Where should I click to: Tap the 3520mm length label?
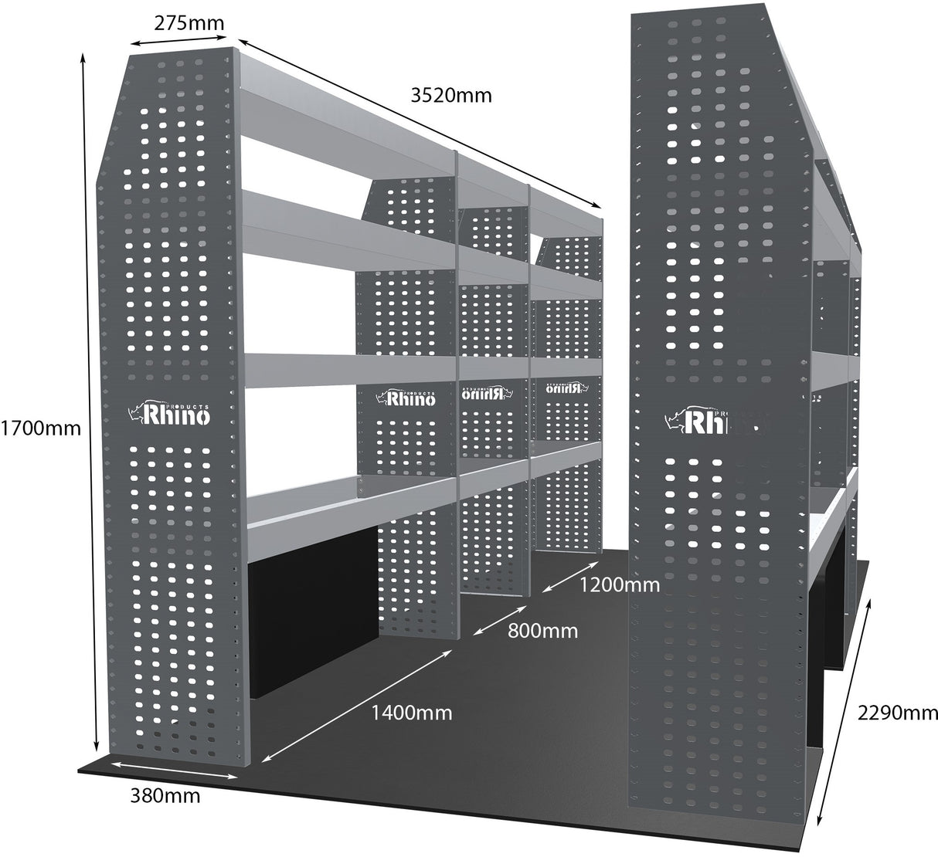pyautogui.click(x=451, y=96)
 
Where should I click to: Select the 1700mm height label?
pyautogui.click(x=40, y=426)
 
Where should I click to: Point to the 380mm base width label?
pyautogui.click(x=165, y=794)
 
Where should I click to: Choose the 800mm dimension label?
pyautogui.click(x=542, y=630)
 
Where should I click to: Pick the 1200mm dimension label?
pyautogui.click(x=620, y=584)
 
